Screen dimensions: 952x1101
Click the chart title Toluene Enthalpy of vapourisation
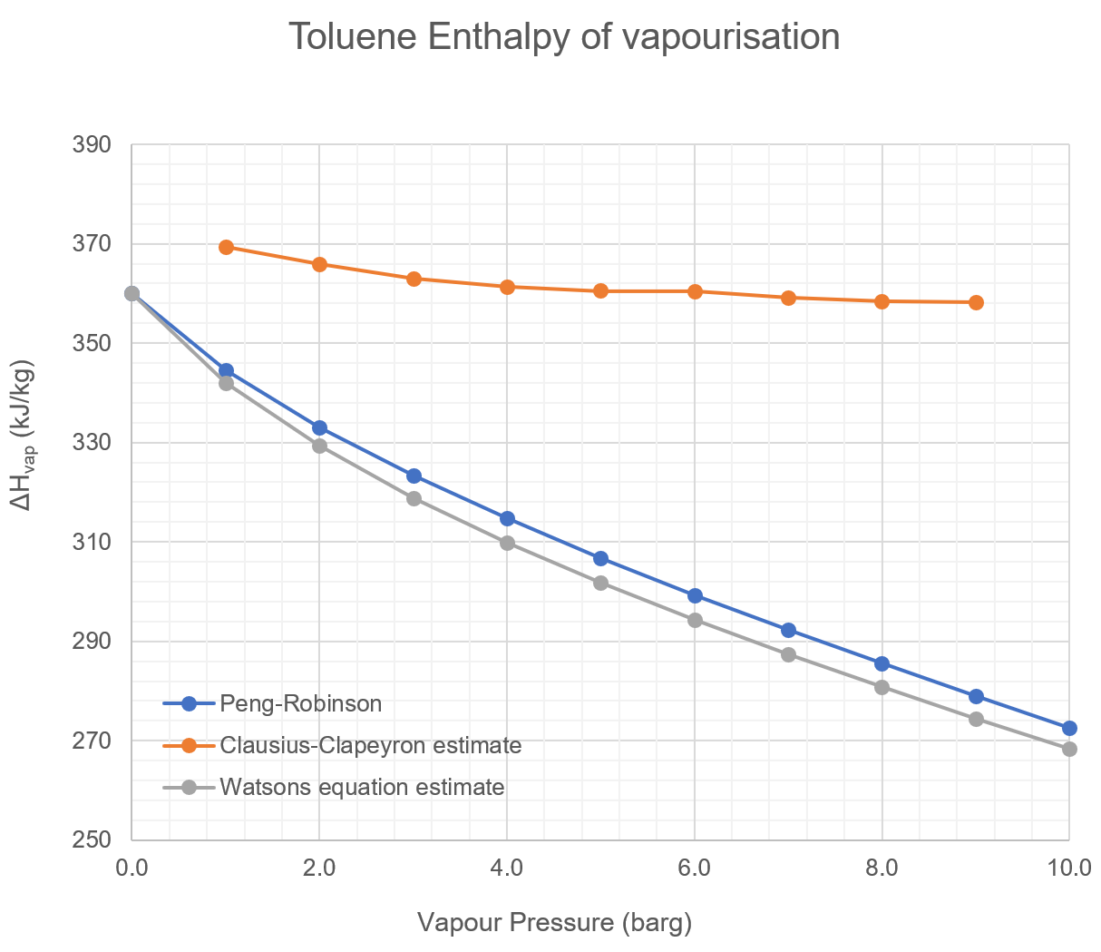563,37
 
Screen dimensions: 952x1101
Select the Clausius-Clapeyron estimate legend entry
370,745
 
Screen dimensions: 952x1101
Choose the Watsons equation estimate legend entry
361,787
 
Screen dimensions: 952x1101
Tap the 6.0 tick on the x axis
694,868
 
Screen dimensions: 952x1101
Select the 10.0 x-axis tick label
1068,868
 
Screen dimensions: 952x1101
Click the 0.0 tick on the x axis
132,868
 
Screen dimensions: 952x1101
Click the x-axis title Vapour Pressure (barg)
554,923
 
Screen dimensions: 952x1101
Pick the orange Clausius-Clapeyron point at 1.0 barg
227,247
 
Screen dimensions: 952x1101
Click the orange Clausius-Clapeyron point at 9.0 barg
976,302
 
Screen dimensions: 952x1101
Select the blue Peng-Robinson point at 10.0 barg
1069,728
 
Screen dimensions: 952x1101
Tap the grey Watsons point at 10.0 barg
1069,749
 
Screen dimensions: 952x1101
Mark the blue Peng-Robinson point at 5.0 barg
600,558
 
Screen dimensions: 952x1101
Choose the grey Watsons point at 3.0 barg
414,498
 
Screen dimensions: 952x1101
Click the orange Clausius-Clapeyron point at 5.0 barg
600,290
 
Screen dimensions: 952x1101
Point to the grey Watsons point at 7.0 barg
788,654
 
